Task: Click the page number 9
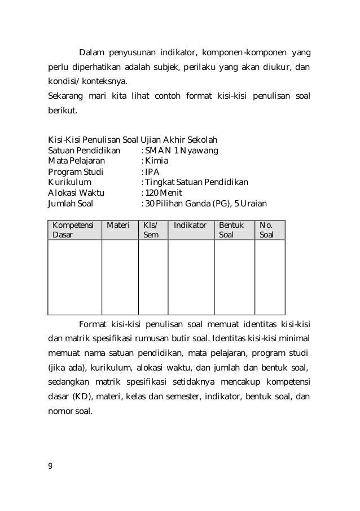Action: pyautogui.click(x=50, y=465)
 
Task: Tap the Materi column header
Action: pyautogui.click(x=118, y=225)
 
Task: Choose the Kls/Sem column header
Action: pyautogui.click(x=152, y=230)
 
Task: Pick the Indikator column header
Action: pyautogui.click(x=190, y=225)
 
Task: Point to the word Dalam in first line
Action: pyautogui.click(x=91, y=54)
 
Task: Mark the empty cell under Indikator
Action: pyautogui.click(x=191, y=277)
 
